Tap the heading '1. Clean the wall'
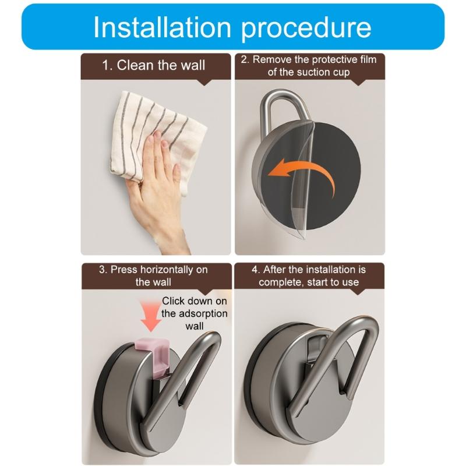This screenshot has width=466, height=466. (x=154, y=65)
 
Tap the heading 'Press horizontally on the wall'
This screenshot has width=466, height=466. (x=153, y=276)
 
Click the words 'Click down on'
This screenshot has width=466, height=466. (x=194, y=301)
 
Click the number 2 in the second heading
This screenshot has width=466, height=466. (x=245, y=59)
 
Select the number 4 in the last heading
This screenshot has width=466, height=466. (x=255, y=270)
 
